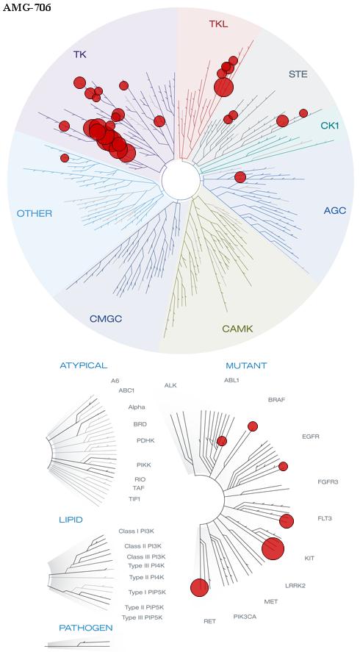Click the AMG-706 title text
[x=26, y=7]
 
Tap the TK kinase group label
[x=80, y=54]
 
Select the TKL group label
[x=218, y=24]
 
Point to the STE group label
[x=298, y=74]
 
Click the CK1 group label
[x=330, y=125]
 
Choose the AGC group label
[x=334, y=210]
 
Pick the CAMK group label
[x=237, y=329]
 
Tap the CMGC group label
[x=106, y=319]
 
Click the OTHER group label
[x=35, y=214]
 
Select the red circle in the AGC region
[x=240, y=177]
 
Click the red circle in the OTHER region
[x=65, y=158]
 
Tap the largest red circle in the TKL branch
[x=223, y=87]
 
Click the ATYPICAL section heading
[x=84, y=365]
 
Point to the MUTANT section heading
[x=246, y=366]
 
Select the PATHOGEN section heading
[x=86, y=628]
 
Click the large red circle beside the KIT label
[x=273, y=548]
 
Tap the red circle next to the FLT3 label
[x=287, y=521]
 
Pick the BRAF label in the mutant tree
[x=276, y=400]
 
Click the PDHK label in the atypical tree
[x=145, y=440]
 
